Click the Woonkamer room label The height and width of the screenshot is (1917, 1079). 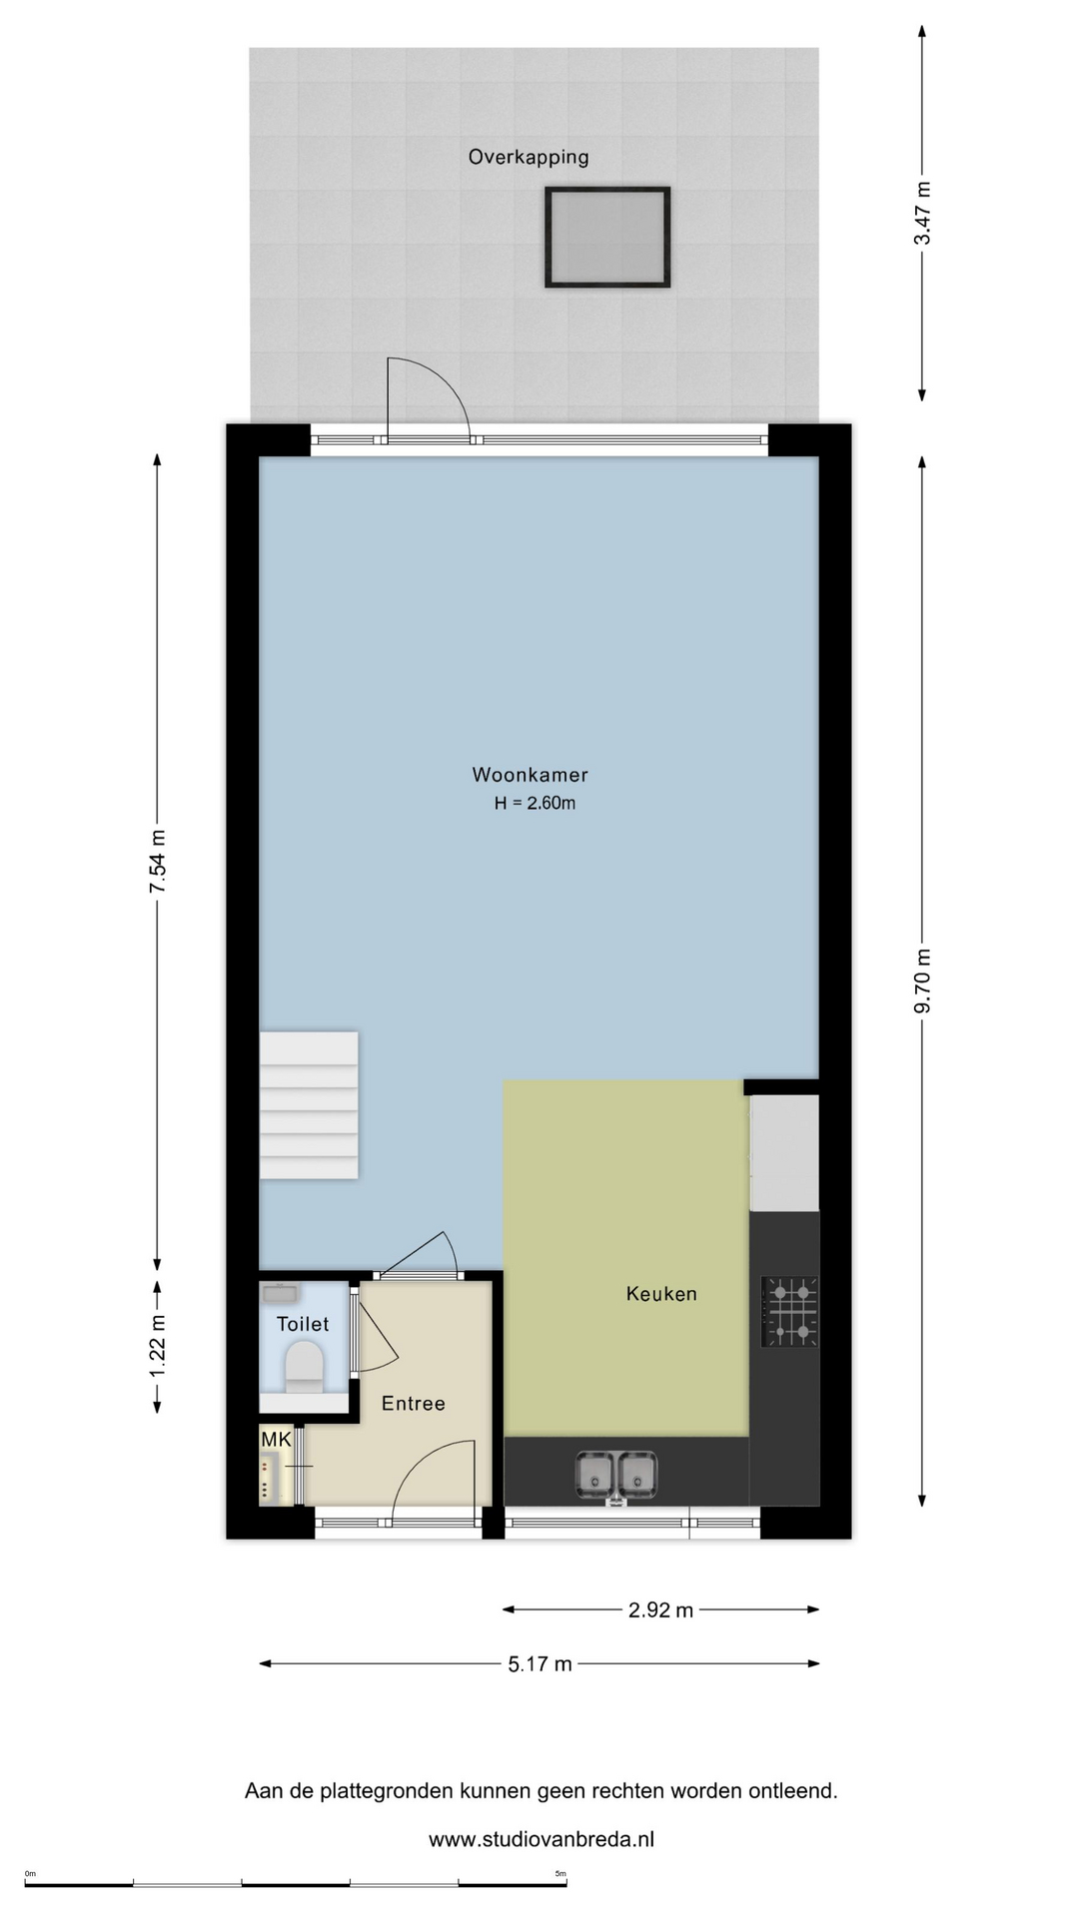[530, 775]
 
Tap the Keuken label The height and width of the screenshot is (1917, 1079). [661, 1294]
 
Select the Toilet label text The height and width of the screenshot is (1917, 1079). [303, 1324]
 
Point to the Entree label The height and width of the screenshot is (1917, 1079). [414, 1404]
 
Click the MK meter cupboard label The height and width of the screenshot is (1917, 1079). [276, 1440]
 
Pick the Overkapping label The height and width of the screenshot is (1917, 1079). [529, 157]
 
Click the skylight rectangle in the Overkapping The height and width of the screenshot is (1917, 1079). [607, 238]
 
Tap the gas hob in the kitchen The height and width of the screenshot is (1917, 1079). [790, 1311]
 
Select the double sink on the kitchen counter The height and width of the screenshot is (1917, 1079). [616, 1476]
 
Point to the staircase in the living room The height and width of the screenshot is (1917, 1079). [309, 1105]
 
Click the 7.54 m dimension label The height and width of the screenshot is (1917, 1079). [158, 862]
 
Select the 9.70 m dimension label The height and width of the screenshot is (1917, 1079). [923, 980]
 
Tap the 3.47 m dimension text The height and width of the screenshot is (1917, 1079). [923, 213]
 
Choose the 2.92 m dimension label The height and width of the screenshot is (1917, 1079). [660, 1610]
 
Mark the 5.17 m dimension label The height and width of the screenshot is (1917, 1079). [539, 1664]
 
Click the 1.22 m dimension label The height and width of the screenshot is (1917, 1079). [158, 1346]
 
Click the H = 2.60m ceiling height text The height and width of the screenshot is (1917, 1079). [535, 803]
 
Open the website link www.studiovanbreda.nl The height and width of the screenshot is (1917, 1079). [541, 1839]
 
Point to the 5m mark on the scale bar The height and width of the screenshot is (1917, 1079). [560, 1873]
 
